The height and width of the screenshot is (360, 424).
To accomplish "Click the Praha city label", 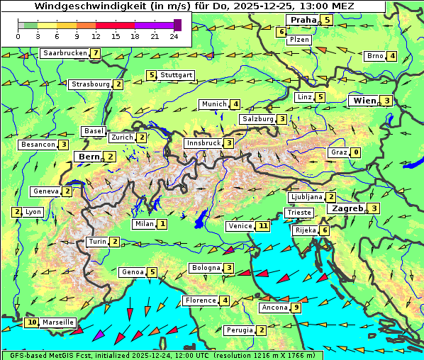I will pos(302,20).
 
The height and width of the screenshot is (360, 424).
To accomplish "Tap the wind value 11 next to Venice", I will pos(263,226).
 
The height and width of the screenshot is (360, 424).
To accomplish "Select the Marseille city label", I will pos(58,322).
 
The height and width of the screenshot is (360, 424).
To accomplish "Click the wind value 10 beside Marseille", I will pos(32,322).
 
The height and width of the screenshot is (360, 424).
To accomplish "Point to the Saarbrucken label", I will pos(65,53).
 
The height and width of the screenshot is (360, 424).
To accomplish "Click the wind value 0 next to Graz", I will pos(356,152).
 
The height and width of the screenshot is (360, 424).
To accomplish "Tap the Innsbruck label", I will pos(203,143).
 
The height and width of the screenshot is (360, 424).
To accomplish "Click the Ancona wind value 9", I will pos(296,308).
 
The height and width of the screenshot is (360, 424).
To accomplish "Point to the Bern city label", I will pos(89,157).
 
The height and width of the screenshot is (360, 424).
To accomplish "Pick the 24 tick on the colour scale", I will pos(174,35).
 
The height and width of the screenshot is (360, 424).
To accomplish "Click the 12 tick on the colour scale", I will pos(96,35).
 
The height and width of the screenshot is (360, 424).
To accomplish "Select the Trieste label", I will pos(298,213).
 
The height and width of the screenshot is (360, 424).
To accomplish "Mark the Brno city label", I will pos(374,56).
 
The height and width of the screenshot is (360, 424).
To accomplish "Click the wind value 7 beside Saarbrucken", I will pos(96,53).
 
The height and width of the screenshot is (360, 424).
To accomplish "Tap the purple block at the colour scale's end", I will pos(177,25).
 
